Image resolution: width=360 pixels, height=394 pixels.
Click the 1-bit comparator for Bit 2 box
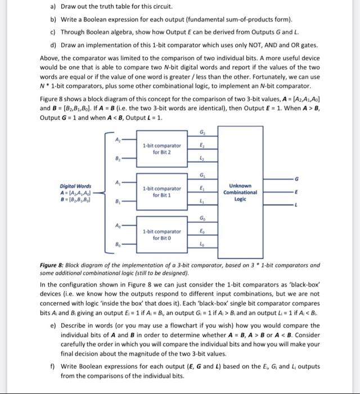tap(161, 150)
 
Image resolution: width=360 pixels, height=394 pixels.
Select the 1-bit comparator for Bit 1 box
tap(161, 192)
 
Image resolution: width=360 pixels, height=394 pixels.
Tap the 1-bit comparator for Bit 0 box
tap(161, 234)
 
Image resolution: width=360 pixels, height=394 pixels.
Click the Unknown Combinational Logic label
tap(244, 191)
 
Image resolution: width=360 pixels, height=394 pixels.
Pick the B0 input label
tap(117, 245)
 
